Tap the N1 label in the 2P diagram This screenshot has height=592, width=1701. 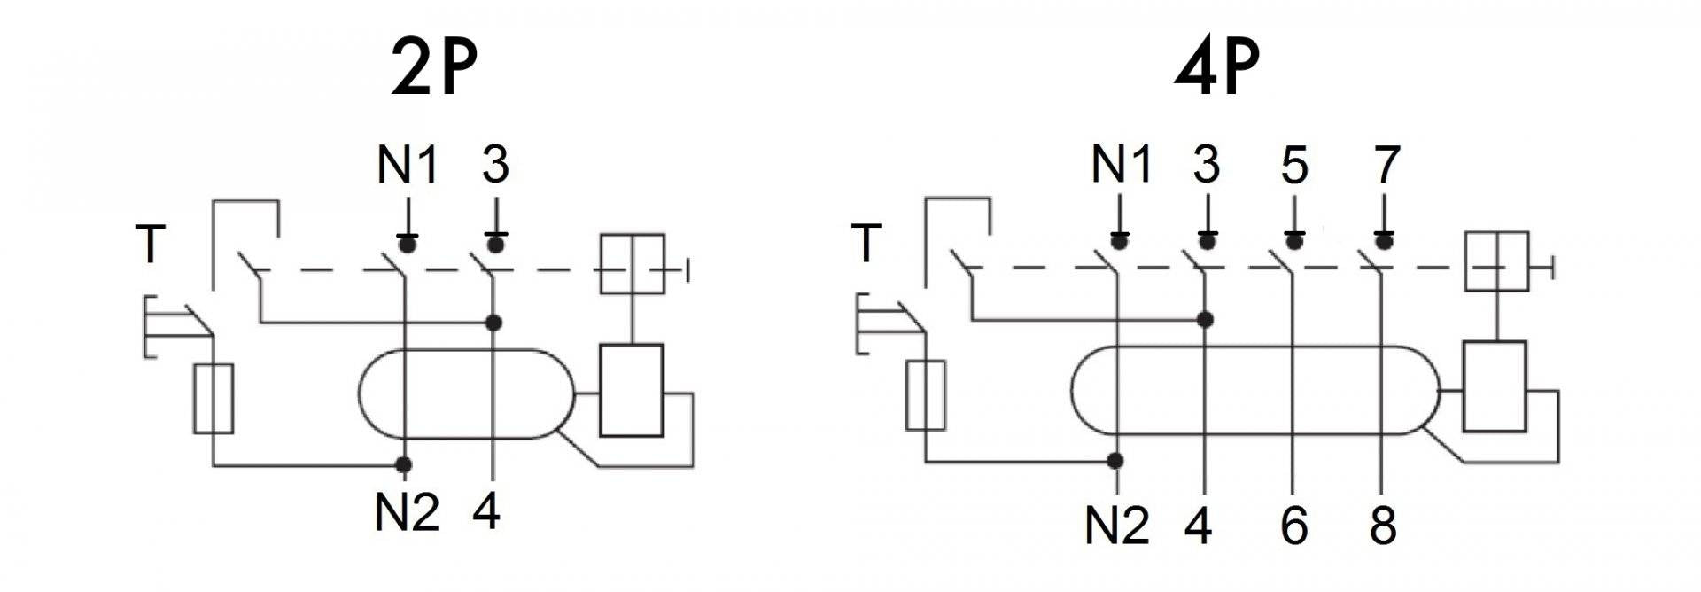[408, 165]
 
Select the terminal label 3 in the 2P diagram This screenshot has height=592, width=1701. [495, 165]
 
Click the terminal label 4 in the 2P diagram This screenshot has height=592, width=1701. [486, 511]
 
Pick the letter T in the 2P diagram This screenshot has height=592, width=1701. [151, 244]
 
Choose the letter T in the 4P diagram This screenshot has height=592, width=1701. [866, 244]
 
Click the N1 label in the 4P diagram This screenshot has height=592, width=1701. [1122, 165]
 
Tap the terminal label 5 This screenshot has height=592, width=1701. [1294, 165]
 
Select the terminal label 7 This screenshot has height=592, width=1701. [1385, 165]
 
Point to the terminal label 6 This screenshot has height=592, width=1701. [1294, 526]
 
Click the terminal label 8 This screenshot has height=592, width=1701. [1383, 526]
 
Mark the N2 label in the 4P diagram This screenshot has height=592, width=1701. [1117, 526]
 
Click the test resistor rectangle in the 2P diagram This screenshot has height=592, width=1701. [214, 398]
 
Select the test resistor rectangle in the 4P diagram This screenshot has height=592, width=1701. [926, 395]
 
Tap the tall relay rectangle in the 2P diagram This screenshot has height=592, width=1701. [632, 390]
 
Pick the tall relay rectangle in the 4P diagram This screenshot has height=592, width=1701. [1495, 386]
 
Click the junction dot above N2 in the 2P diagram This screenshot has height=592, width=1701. [404, 463]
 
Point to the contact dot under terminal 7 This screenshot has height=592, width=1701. [1384, 241]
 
